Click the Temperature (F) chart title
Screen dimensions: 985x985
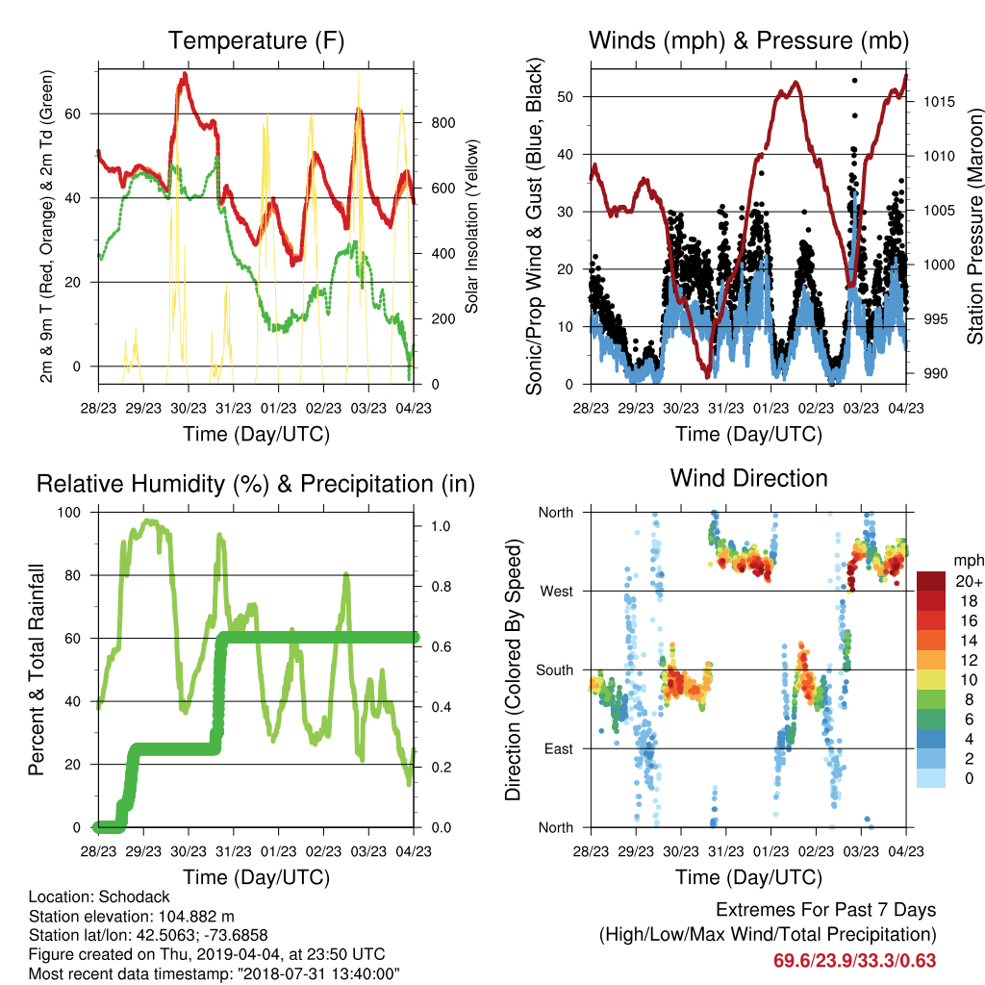pos(256,40)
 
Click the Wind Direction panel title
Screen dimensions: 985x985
pos(748,478)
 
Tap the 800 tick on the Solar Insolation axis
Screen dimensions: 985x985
pos(443,122)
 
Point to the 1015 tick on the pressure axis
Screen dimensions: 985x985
pos(939,102)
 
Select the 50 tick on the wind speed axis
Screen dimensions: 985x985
pos(565,97)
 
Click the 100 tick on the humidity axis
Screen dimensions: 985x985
pos(69,513)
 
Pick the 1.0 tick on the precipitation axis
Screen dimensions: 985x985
pos(441,526)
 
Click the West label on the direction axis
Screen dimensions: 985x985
pos(557,592)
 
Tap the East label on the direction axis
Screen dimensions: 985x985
pos(559,748)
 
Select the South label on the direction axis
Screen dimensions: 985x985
pos(555,670)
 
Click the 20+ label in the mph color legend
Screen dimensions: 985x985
pos(969,582)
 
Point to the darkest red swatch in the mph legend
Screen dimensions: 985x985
pos(931,582)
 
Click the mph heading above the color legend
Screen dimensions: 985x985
pos(969,560)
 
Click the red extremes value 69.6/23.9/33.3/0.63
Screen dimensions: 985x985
pos(854,961)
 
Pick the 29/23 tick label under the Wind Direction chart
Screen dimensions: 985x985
pos(636,851)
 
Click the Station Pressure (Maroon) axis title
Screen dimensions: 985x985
pos(975,226)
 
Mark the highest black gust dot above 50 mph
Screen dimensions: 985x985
pos(854,81)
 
